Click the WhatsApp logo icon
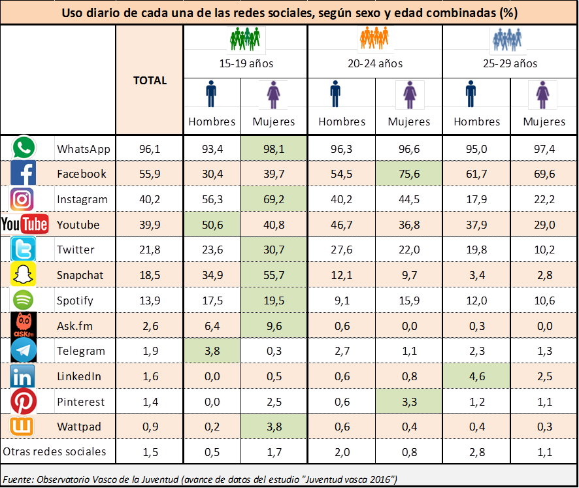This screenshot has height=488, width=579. click(x=24, y=148)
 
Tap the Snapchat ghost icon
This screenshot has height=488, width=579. click(x=24, y=275)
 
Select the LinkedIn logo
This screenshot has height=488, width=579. click(x=24, y=376)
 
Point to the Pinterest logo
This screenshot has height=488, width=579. click(x=24, y=401)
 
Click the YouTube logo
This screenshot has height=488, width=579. click(x=25, y=225)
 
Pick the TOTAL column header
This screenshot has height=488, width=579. click(x=150, y=80)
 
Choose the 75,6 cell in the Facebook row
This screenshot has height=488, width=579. click(x=408, y=174)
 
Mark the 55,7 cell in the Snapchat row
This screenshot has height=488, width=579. click(x=273, y=275)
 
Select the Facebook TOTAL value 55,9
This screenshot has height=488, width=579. click(x=150, y=174)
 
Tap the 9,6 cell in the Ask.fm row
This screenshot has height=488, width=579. click(x=273, y=325)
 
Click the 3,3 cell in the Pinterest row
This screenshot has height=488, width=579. click(x=408, y=401)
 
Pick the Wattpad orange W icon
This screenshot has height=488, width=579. click(x=24, y=427)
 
